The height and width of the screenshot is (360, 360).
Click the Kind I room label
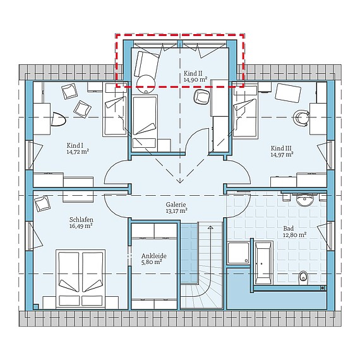coord(75,145)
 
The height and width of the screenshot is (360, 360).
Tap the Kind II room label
coord(193,73)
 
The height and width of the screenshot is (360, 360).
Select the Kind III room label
coord(281,148)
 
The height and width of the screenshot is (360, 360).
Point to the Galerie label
coord(176,205)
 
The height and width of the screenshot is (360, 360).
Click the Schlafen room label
coord(81,220)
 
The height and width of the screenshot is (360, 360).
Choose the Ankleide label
coord(154,256)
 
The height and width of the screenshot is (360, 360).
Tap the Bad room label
coord(289,229)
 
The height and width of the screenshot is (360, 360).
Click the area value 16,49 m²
coord(81,226)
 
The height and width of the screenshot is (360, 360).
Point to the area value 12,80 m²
coord(295,235)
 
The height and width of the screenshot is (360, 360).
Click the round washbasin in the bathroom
coord(304,200)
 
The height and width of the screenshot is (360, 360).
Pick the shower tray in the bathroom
coord(239,253)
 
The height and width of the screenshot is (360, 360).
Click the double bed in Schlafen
coord(81,279)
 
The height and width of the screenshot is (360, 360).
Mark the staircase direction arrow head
coord(210,227)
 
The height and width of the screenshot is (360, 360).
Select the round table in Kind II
coord(146,83)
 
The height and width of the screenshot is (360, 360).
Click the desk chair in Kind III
coord(301,117)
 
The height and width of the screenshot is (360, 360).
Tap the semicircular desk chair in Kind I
coord(58,119)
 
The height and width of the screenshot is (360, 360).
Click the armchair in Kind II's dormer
coord(147,64)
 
